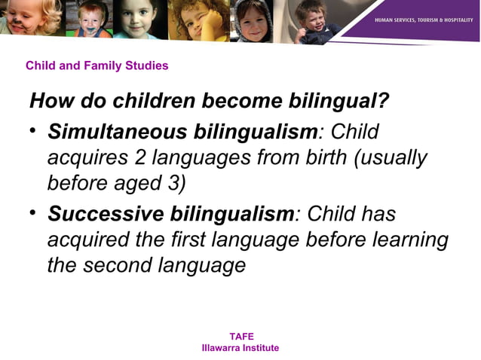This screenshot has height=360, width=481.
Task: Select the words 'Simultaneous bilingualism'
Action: click(x=182, y=131)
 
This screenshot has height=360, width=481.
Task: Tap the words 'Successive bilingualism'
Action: click(x=170, y=214)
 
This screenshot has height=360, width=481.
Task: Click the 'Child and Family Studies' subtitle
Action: click(x=97, y=66)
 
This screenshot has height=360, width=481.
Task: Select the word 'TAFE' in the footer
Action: click(x=240, y=337)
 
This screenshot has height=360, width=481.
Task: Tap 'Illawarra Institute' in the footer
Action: click(x=240, y=348)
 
